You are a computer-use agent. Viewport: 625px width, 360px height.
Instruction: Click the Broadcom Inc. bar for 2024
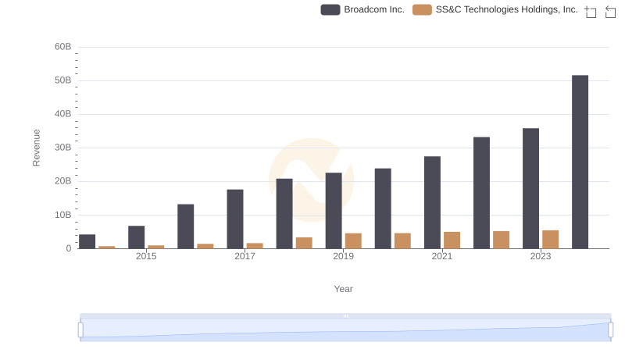click(580, 162)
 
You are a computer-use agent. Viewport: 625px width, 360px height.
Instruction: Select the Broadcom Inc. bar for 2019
click(334, 211)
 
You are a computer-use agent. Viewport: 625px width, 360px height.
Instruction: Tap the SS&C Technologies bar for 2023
click(550, 240)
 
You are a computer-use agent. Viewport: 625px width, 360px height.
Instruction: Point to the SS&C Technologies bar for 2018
click(304, 243)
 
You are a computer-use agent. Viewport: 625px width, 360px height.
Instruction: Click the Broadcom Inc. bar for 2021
click(432, 202)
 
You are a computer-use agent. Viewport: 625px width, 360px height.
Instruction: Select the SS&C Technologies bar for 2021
click(452, 241)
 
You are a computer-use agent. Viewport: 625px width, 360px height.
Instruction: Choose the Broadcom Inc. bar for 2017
click(235, 219)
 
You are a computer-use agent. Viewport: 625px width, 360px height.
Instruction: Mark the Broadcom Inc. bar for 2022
click(481, 193)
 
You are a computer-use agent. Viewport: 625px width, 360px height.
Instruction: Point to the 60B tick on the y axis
click(62, 47)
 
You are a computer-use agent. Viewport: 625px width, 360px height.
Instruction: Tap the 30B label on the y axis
click(62, 148)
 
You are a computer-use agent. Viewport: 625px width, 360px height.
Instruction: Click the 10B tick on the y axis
click(62, 215)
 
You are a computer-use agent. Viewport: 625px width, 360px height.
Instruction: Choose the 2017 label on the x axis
click(245, 256)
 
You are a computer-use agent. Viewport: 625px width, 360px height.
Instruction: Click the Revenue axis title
click(36, 148)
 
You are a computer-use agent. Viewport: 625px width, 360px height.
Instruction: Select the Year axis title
click(343, 289)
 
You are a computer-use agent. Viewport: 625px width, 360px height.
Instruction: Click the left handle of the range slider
click(80, 330)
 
